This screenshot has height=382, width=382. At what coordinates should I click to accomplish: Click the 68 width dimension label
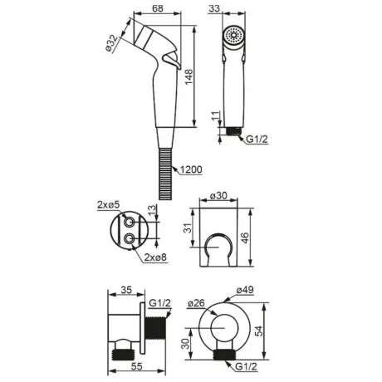(158, 8)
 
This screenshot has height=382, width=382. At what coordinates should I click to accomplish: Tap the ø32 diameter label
(111, 43)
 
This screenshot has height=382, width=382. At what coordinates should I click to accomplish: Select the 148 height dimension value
(189, 76)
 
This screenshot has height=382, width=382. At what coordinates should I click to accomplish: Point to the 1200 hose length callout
(191, 169)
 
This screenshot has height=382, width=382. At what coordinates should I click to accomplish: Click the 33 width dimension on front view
(214, 8)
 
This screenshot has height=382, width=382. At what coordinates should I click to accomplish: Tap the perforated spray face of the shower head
(234, 35)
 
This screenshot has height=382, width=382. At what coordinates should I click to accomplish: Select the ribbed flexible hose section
(165, 174)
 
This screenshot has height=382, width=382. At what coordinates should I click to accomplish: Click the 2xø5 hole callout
(108, 205)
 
